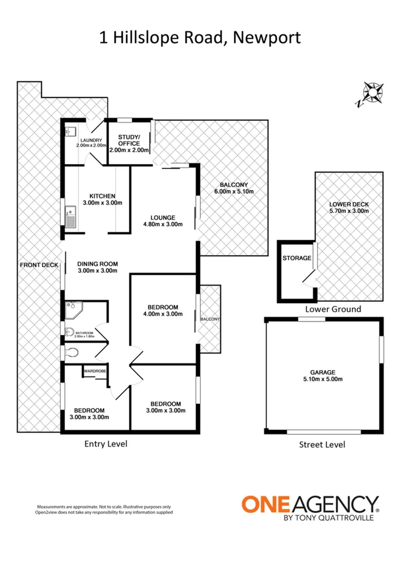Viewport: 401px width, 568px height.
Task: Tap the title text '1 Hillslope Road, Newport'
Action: tap(200, 38)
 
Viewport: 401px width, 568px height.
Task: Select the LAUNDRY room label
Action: tap(89, 140)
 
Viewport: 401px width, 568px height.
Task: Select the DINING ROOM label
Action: tap(97, 264)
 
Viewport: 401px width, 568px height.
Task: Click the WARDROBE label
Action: tap(94, 371)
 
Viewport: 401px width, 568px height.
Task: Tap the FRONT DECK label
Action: tap(39, 265)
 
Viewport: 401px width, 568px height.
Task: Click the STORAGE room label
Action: tap(295, 258)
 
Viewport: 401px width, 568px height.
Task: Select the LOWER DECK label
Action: tap(348, 204)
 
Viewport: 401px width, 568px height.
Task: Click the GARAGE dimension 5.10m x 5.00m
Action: tap(323, 379)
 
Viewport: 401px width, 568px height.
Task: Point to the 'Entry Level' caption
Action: tap(106, 443)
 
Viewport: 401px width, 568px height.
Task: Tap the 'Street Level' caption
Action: tap(322, 444)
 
